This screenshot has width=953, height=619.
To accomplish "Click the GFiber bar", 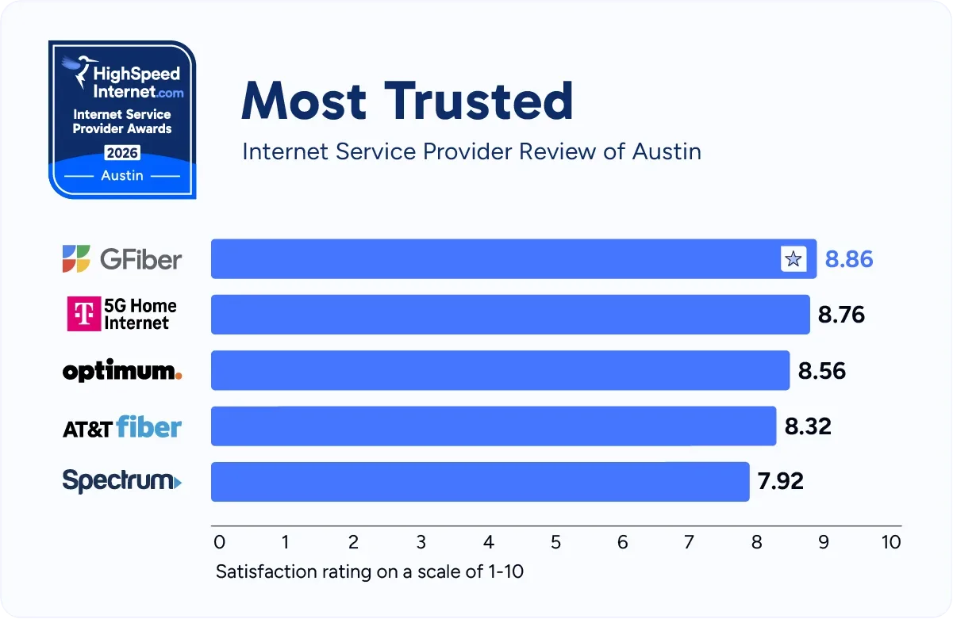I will click(x=492, y=259).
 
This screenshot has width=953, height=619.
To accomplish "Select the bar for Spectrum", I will click(x=480, y=482).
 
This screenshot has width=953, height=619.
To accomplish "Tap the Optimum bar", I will click(x=500, y=370).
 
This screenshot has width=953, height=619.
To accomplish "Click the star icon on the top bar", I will click(x=793, y=259).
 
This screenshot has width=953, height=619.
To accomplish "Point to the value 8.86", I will click(x=849, y=259).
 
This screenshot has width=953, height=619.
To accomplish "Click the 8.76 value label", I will click(x=841, y=315).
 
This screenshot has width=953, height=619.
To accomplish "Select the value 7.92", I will click(x=780, y=481).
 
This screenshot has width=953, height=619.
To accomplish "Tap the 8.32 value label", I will click(x=808, y=426).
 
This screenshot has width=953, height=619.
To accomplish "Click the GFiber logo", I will click(x=122, y=258).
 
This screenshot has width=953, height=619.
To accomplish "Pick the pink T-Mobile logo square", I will click(x=83, y=315).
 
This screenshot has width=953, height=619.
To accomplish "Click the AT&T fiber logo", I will click(x=122, y=427).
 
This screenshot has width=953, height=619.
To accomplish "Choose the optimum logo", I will click(x=122, y=371).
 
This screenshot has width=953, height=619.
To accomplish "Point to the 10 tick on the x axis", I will click(x=891, y=543).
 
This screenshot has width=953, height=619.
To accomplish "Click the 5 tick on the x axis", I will click(x=555, y=543).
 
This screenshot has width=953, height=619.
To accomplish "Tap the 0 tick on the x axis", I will click(x=220, y=543).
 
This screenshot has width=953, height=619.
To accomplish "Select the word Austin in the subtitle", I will click(x=667, y=151).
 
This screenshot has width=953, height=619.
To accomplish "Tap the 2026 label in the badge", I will click(x=122, y=152).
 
